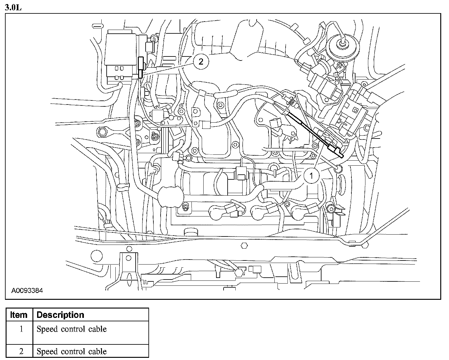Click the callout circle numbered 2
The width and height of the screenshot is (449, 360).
(x=200, y=61)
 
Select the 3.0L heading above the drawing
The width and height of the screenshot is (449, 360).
(x=13, y=7)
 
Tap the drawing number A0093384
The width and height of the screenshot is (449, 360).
(x=27, y=291)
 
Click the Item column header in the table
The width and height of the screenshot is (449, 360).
(x=19, y=315)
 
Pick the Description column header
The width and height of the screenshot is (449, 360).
(x=60, y=315)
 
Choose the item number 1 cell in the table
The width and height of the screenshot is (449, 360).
(x=21, y=329)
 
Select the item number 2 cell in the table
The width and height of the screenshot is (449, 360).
(x=21, y=352)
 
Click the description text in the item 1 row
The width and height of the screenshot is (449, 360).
(x=72, y=329)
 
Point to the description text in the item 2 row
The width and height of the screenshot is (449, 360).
(x=72, y=352)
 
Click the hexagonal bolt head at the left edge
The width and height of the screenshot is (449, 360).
(x=102, y=132)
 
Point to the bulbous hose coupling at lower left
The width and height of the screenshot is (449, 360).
(x=171, y=197)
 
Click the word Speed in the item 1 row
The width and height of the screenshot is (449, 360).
(x=46, y=329)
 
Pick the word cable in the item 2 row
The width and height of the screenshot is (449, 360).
(x=98, y=352)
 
